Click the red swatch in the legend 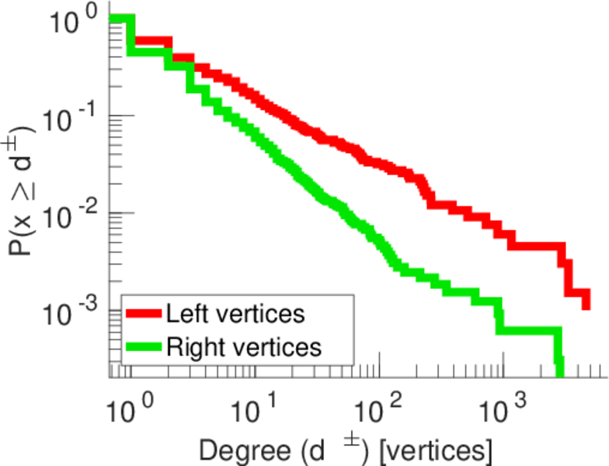(x=144, y=315)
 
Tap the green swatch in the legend (x=144, y=346)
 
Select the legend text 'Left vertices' (x=235, y=314)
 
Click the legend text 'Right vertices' (x=243, y=346)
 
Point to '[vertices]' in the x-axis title (x=432, y=450)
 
